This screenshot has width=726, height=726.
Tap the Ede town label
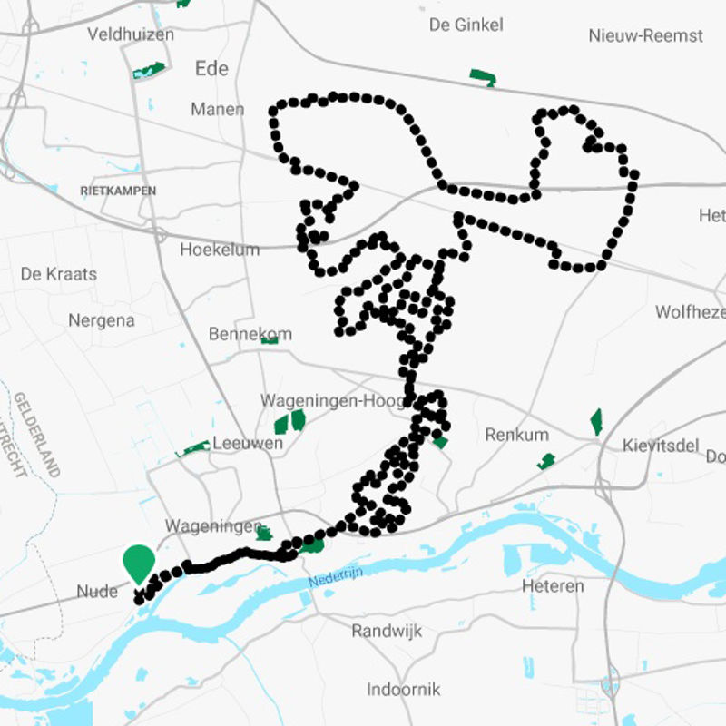[211, 69]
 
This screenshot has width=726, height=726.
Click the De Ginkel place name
[466, 25]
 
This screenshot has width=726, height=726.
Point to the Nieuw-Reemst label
[645, 35]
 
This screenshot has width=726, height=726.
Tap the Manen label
[217, 109]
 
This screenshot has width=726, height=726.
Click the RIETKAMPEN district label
[118, 191]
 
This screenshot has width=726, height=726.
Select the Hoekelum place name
[220, 250]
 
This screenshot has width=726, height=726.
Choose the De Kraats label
[58, 273]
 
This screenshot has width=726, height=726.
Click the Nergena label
[101, 320]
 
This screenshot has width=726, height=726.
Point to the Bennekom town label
[250, 334]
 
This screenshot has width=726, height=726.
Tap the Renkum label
[517, 435]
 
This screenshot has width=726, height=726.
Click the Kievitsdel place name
[660, 446]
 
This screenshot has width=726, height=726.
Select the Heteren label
[553, 586]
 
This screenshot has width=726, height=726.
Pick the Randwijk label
[387, 631]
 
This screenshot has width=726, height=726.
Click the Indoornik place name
[403, 690]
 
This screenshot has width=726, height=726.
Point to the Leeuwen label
[247, 445]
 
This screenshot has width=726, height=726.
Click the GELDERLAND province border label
[36, 435]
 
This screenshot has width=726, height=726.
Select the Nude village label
[97, 592]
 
